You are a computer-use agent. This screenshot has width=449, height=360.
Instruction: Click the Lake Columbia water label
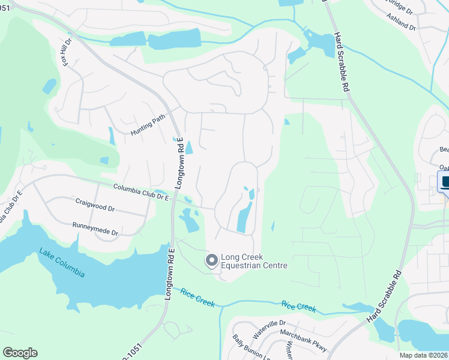click(62, 263)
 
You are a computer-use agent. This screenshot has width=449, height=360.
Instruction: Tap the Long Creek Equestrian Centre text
click(254, 262)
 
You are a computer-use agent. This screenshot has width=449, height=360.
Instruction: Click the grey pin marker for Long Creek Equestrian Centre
click(211, 260)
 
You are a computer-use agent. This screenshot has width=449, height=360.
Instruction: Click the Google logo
click(20, 353)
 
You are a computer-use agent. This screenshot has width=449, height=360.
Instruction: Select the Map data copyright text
click(423, 355)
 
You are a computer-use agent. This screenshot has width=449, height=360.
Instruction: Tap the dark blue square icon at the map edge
click(445, 182)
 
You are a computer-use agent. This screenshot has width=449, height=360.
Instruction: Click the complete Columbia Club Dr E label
click(141, 193)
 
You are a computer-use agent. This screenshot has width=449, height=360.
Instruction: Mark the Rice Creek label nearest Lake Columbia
click(197, 298)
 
